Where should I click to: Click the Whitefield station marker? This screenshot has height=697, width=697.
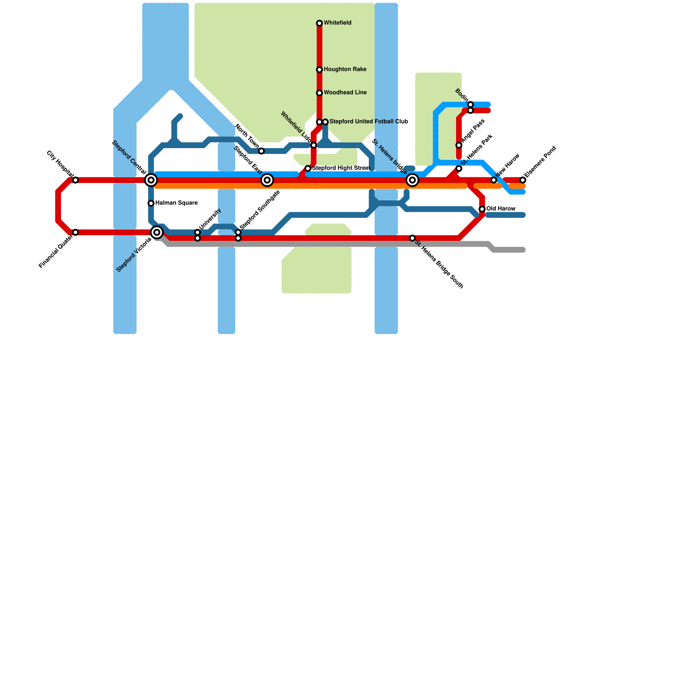pos(319,23)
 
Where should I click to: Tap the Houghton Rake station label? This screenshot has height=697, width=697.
pos(345,70)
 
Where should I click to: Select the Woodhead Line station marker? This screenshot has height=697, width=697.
pos(319,93)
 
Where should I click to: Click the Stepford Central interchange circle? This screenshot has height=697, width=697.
pos(151,180)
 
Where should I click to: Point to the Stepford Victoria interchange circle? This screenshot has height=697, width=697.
pos(157,232)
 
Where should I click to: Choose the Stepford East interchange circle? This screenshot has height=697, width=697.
pos(267,180)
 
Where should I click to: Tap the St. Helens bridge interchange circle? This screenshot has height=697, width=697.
pos(412,180)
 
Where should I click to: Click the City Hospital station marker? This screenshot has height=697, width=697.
pos(75,180)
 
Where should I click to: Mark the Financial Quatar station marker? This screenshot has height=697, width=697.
pos(75,232)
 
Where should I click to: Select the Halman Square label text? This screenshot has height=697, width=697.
pos(176,203)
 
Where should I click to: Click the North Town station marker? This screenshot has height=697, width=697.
pos(261,151)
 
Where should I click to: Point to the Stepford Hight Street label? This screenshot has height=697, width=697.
pos(341,168)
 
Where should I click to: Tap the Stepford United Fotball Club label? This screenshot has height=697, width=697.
pos(369,122)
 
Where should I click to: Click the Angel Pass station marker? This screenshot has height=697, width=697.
pos(459,145)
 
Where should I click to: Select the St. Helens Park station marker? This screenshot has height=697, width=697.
pos(459,169)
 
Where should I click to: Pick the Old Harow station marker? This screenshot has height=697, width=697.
pos(482,209)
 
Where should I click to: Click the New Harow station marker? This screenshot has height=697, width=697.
pos(494,180)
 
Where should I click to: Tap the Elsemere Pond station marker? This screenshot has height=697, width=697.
pos(523,180)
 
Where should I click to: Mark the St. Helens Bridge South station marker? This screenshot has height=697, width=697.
pos(412,238)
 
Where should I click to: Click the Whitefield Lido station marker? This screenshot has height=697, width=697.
pos(314,145)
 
